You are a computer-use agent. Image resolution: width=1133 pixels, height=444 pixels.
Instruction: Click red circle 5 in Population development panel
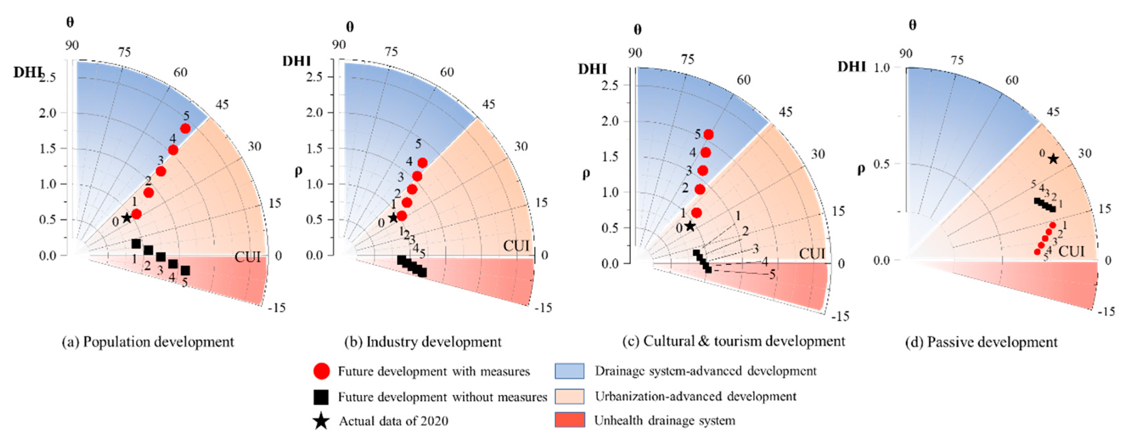[x=185, y=128]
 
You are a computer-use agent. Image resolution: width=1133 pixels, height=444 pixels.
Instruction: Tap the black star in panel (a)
[x=127, y=218]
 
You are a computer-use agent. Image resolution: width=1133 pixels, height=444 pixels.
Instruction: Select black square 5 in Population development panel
[x=185, y=270]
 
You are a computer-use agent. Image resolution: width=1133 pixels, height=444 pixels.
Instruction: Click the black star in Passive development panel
[x=1053, y=159]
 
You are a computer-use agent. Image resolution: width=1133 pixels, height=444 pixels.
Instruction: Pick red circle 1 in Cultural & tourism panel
[x=697, y=212]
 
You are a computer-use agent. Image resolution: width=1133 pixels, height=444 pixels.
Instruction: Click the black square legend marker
[x=321, y=397]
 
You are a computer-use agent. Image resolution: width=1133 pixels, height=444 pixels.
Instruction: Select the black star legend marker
[x=321, y=421]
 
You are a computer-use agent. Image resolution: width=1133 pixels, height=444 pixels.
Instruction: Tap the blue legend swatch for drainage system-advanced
[x=570, y=371]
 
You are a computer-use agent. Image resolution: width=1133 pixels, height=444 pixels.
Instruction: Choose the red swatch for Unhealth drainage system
[x=570, y=420]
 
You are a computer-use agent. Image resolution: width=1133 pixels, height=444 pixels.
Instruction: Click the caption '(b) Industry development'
[x=422, y=342]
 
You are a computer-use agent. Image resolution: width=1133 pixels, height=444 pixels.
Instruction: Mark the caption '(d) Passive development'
[x=981, y=342]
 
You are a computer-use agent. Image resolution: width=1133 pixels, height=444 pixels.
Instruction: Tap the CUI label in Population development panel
[x=247, y=257]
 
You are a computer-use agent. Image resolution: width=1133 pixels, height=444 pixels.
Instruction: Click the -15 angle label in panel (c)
[x=840, y=316]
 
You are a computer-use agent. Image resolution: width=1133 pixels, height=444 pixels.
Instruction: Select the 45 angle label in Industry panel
[x=488, y=104]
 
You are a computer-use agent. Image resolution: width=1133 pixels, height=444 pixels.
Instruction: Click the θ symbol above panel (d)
[x=912, y=25]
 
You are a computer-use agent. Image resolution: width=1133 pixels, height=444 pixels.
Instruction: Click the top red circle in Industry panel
[x=422, y=163]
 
